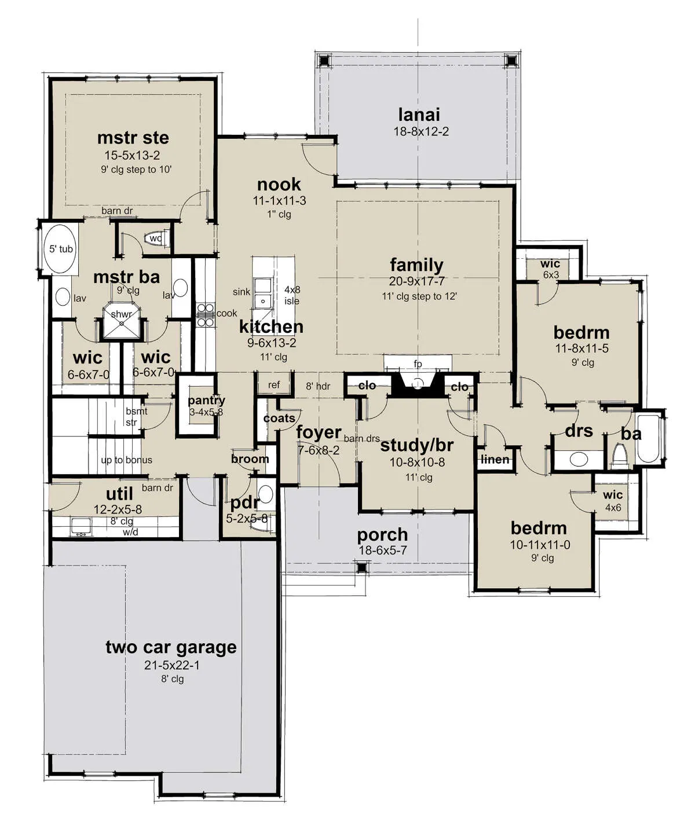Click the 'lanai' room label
pos(419,115)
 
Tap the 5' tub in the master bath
pos(60,249)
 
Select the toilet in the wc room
pos(158,239)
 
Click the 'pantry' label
pos(206,400)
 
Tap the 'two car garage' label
pos(171,647)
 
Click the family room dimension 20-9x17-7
pos(416,281)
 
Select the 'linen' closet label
pos(495,459)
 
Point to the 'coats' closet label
pos(279,418)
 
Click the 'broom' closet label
pos(250,459)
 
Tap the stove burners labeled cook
pos(206,315)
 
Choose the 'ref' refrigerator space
pos(273,384)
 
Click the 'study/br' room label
pos(416,445)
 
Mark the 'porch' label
pos(382,535)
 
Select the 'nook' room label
pos(279,184)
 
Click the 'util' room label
pos(119,494)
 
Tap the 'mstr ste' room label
pos(133,138)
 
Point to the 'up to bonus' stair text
pos(127,460)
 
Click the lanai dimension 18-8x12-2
pos(421,131)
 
